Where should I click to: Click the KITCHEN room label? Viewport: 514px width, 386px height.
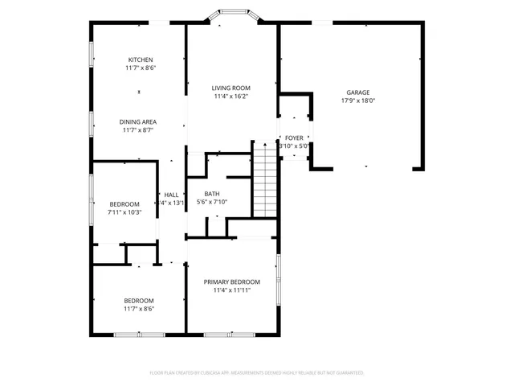point(141,60)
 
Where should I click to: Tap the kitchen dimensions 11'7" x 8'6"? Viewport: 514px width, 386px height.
point(141,68)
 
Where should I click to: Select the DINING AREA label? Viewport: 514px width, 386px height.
point(138,121)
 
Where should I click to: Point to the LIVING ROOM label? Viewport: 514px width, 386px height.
point(231,88)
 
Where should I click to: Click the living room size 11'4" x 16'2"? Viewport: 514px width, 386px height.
point(231,96)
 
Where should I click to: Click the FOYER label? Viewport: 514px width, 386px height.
point(295,138)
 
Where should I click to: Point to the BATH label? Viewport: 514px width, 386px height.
point(212,194)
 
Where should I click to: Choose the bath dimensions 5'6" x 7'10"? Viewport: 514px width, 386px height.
point(212,203)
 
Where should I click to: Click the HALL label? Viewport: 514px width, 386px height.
point(171,195)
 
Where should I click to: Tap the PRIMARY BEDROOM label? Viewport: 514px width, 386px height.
point(231,281)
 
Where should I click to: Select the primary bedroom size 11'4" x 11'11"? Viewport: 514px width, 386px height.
point(231,290)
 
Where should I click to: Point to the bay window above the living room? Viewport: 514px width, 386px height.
point(233,16)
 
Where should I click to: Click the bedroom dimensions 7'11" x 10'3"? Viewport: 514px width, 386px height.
point(124,212)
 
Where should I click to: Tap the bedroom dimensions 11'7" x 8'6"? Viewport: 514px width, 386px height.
point(139,309)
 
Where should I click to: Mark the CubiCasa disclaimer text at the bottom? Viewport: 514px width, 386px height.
point(257,373)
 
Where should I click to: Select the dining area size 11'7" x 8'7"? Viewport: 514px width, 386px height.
point(138,130)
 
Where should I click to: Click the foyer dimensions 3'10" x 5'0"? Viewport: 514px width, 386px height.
point(295,146)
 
